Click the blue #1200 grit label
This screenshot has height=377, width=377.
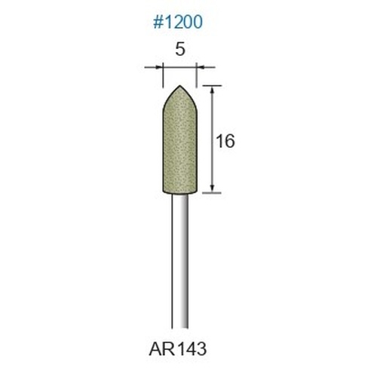(178, 22)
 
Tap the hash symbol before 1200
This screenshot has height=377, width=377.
(158, 22)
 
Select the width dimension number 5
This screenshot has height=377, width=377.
(180, 49)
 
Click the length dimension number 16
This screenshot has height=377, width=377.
(225, 141)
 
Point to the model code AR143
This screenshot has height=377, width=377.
(178, 349)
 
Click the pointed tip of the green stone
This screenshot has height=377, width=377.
(179, 86)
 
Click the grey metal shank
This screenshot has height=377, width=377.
(180, 262)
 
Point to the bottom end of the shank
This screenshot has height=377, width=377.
(180, 328)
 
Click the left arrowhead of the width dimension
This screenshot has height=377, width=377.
(160, 67)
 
